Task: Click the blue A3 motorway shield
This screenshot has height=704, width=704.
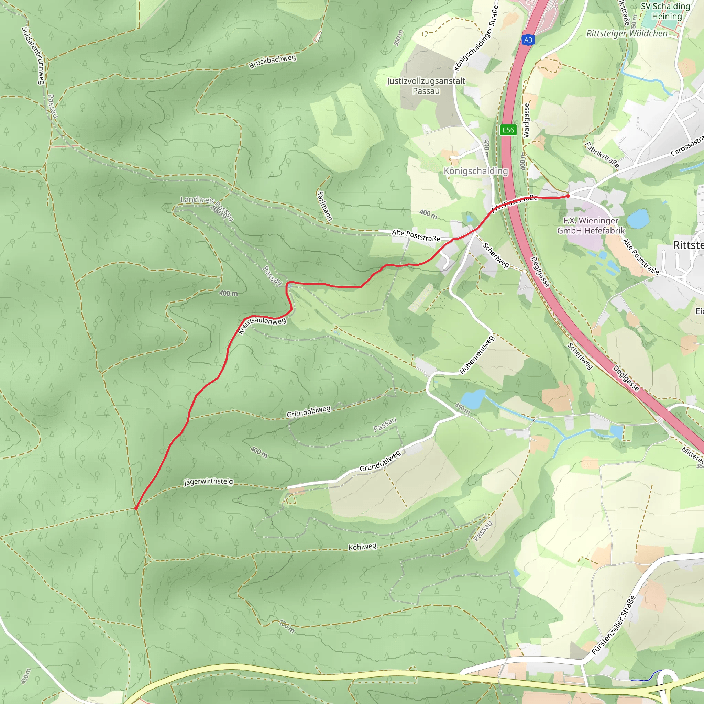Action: tap(528, 40)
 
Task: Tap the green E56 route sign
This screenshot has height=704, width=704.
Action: tap(508, 130)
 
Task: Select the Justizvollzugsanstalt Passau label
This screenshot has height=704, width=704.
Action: tap(426, 86)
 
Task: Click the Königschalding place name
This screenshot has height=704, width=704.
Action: tap(475, 171)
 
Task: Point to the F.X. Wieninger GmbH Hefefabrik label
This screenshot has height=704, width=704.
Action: tap(591, 225)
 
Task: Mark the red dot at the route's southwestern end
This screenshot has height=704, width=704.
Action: tap(136, 508)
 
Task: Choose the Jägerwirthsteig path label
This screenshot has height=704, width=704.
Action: tap(208, 482)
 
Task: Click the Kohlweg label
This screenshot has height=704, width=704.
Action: tap(362, 547)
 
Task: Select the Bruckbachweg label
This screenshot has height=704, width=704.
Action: tap(272, 62)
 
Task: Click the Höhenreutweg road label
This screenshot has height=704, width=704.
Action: tap(477, 355)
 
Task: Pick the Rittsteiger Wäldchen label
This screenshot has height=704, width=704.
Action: tap(627, 34)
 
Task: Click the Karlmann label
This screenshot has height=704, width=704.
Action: tap(324, 206)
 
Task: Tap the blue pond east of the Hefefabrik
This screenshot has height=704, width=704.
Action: tap(638, 219)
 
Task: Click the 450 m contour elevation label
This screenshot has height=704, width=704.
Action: tap(26, 676)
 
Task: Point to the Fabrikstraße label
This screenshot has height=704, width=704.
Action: tap(602, 155)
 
